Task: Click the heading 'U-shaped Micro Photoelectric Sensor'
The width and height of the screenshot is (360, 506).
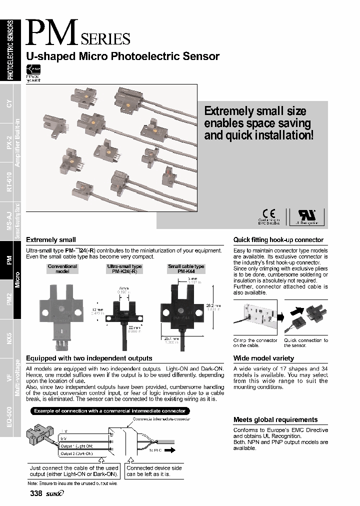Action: pyautogui.click(x=122, y=56)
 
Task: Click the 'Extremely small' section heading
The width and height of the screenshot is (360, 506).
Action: pyautogui.click(x=50, y=240)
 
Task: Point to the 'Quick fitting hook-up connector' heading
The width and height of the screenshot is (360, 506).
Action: pyautogui.click(x=278, y=240)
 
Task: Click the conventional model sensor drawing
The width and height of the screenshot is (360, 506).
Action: pyautogui.click(x=62, y=312)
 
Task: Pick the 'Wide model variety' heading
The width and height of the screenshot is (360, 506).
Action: pyautogui.click(x=263, y=358)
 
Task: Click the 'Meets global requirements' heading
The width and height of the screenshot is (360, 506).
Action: pyautogui.click(x=275, y=420)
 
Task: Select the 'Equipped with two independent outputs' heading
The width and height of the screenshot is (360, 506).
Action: pyautogui.click(x=89, y=358)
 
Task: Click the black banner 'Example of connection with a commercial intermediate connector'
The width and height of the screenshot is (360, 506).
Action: pyautogui.click(x=109, y=411)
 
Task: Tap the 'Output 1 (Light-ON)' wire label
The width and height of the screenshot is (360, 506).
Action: pyautogui.click(x=76, y=446)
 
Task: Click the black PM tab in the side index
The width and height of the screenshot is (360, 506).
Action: pyautogui.click(x=10, y=259)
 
